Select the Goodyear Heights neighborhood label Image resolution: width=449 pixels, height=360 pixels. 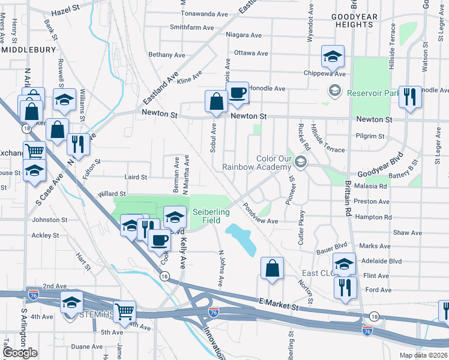[x=355, y=20]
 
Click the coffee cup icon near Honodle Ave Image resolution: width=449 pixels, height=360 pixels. [x=237, y=94]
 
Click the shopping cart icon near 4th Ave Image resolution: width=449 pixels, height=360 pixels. [x=125, y=312]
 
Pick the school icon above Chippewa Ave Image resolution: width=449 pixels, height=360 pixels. [x=332, y=58]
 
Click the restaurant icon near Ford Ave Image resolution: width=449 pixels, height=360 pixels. [x=346, y=287]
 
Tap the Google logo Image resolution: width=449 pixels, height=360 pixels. [x=20, y=353]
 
